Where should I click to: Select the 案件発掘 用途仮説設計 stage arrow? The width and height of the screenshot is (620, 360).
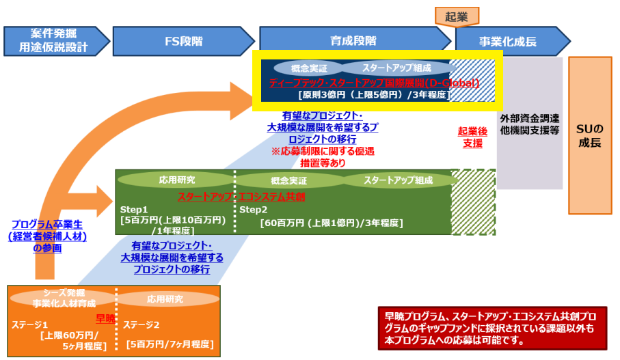pyautogui.click(x=55, y=41)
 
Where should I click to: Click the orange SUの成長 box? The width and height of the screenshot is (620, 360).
pyautogui.click(x=590, y=136)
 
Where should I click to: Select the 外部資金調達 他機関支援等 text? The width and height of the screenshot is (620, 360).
pyautogui.click(x=530, y=122)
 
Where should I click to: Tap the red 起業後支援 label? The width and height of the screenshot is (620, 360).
pyautogui.click(x=472, y=137)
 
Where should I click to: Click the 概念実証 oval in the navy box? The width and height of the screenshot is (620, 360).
pyautogui.click(x=308, y=68)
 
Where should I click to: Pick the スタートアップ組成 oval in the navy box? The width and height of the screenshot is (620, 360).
pyautogui.click(x=396, y=68)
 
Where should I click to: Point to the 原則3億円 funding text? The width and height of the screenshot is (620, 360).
pyautogui.click(x=374, y=95)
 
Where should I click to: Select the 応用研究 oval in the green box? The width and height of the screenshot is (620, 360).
pyautogui.click(x=176, y=180)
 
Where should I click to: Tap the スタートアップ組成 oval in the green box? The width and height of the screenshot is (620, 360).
pyautogui.click(x=399, y=180)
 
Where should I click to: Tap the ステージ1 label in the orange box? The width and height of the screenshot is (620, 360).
pyautogui.click(x=31, y=324)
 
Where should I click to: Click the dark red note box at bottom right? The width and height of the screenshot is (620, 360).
pyautogui.click(x=491, y=328)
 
